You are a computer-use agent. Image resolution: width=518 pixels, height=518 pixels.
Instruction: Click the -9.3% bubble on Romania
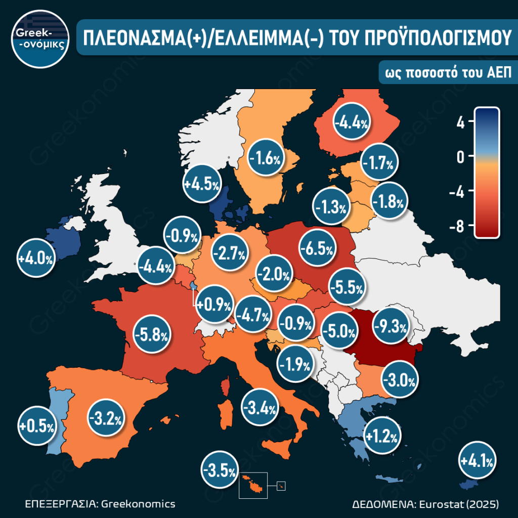click(x=390, y=327)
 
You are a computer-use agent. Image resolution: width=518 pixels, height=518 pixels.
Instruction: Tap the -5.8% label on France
click(x=151, y=334)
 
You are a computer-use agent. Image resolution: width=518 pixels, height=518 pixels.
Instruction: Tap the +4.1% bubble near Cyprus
click(x=477, y=461)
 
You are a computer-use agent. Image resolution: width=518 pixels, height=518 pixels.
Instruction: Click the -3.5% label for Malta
click(x=219, y=471)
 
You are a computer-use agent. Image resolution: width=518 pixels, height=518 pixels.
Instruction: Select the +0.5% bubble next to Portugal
click(x=36, y=426)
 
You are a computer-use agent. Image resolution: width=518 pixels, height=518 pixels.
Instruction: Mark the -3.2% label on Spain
click(x=106, y=418)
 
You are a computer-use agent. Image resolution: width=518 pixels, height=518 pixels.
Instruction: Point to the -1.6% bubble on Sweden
click(x=265, y=159)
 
